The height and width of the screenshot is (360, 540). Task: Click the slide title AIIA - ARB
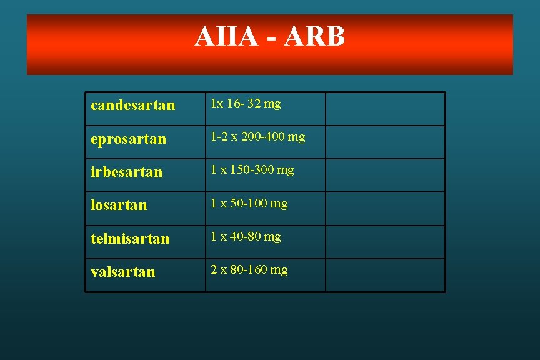pyautogui.click(x=269, y=37)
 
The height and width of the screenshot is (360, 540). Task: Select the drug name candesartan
pyautogui.click(x=132, y=105)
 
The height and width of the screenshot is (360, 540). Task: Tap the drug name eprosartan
pyautogui.click(x=128, y=139)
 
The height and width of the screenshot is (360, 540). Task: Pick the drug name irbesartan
pyautogui.click(x=126, y=172)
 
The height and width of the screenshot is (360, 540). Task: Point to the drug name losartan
pyautogui.click(x=119, y=205)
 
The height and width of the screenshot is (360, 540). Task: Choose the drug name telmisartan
pyautogui.click(x=130, y=238)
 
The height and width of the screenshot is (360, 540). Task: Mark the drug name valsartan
pyautogui.click(x=123, y=272)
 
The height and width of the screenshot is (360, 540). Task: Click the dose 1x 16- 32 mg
pyautogui.click(x=246, y=104)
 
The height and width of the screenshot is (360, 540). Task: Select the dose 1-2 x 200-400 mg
pyautogui.click(x=257, y=136)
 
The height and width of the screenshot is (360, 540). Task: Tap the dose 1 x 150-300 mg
pyautogui.click(x=252, y=170)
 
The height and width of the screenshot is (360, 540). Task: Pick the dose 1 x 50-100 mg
pyautogui.click(x=249, y=203)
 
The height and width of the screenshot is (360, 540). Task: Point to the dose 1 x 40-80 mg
pyautogui.click(x=246, y=236)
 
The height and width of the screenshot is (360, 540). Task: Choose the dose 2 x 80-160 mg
pyautogui.click(x=249, y=270)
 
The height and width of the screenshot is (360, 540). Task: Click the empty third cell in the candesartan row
pyautogui.click(x=385, y=109)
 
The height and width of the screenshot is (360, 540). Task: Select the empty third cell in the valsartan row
pyautogui.click(x=385, y=275)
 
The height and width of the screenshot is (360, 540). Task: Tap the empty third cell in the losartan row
pyautogui.click(x=385, y=209)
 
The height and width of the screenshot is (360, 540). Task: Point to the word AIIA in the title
pyautogui.click(x=226, y=37)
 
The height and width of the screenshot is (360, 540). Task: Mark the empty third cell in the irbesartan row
pyautogui.click(x=385, y=175)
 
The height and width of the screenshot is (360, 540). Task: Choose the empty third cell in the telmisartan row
pyautogui.click(x=385, y=242)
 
